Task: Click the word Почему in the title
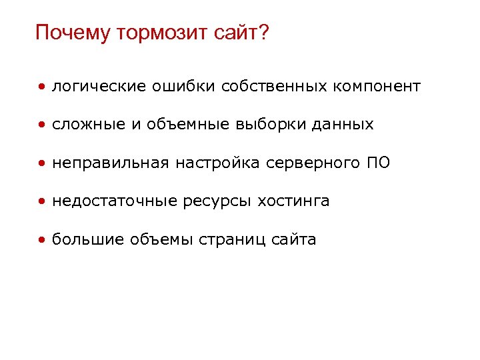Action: (x=73, y=33)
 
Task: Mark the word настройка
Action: (x=217, y=163)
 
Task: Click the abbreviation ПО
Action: (x=377, y=163)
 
